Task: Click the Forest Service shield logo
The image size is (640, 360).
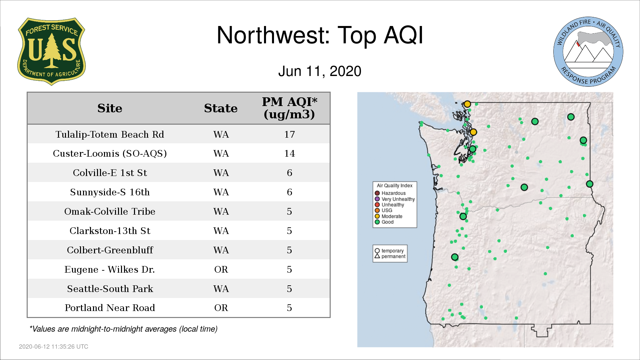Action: (x=51, y=52)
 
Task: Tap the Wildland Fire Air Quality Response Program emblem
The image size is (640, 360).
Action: (x=588, y=52)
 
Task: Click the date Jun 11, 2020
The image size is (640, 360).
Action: (x=320, y=71)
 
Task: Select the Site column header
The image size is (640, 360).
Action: (x=110, y=108)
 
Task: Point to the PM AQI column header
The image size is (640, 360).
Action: (x=289, y=108)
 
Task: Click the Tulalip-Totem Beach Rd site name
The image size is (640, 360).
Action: (x=110, y=134)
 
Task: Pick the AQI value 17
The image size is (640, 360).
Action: (x=289, y=134)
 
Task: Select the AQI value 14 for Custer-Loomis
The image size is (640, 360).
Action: (x=289, y=153)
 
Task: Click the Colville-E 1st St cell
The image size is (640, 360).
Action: (x=110, y=173)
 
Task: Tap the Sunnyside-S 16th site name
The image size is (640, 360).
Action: (x=110, y=192)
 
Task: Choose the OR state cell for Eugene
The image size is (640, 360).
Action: (x=221, y=269)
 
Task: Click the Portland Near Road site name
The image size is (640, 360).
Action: (x=110, y=308)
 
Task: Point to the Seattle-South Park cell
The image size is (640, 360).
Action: (x=110, y=289)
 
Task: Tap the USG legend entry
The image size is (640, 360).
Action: (x=383, y=210)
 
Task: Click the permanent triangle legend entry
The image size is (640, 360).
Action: (x=390, y=256)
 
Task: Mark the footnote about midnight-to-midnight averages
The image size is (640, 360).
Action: (x=123, y=329)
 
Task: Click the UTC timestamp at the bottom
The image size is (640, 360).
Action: (x=54, y=347)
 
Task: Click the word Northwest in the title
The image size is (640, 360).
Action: (x=273, y=35)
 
